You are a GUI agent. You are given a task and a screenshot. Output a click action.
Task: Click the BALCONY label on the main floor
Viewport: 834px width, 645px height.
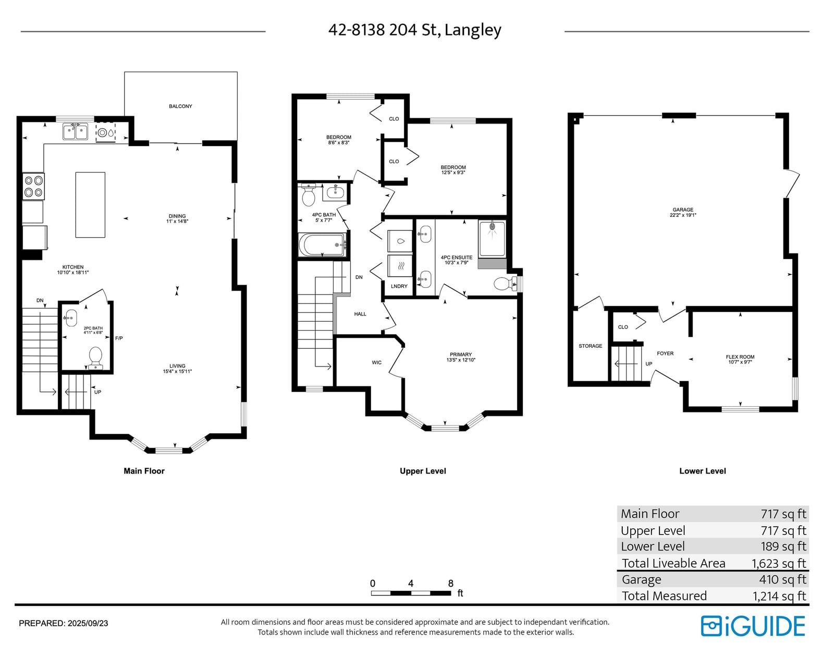click(x=180, y=106)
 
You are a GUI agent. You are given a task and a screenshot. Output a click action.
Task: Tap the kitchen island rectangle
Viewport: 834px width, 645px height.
click(x=90, y=204)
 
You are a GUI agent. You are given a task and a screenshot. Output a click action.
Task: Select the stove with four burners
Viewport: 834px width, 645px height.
click(x=33, y=186)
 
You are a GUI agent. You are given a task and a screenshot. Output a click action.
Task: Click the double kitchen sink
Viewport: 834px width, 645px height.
click(x=76, y=131)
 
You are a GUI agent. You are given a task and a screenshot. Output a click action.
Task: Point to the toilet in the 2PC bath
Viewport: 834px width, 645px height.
click(x=95, y=358)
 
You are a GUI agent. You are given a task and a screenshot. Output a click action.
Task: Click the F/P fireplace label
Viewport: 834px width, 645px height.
click(x=119, y=338)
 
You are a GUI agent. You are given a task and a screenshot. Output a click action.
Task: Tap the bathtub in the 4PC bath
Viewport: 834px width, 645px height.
click(x=322, y=245)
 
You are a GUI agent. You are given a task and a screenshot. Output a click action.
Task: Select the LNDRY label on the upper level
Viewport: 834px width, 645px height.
click(x=399, y=286)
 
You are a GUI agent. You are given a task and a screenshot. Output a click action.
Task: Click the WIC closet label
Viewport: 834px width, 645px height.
click(x=376, y=362)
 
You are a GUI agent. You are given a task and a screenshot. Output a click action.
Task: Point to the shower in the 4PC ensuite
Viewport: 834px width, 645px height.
click(x=492, y=238)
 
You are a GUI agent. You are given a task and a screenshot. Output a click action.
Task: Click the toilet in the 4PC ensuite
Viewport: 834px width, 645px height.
click(x=506, y=284)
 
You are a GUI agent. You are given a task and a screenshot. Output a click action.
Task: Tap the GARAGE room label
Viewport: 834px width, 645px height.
click(x=683, y=210)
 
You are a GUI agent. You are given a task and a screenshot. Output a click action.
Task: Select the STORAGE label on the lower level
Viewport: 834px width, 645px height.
click(x=590, y=346)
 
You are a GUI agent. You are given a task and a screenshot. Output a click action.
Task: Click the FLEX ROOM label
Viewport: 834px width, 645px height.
click(x=740, y=357)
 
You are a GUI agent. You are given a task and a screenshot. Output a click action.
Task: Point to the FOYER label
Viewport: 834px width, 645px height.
click(x=665, y=353)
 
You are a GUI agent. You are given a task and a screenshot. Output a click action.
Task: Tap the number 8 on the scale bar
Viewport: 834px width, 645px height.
click(x=450, y=583)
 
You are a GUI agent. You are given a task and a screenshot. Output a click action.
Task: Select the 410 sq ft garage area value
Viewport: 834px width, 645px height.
click(x=782, y=579)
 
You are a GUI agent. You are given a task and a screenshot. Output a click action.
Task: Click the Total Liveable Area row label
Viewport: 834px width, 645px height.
click(x=673, y=563)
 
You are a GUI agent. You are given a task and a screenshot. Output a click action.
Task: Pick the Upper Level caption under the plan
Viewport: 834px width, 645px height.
click(x=423, y=471)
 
